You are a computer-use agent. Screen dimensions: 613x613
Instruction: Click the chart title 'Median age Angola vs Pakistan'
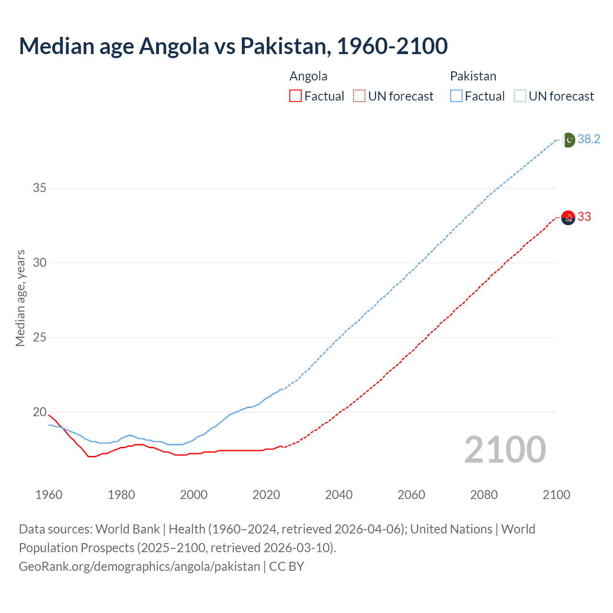pos(233,46)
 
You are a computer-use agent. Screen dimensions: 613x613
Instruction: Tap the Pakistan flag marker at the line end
pos(568,140)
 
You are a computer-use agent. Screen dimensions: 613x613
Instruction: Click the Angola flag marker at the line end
pos(568,218)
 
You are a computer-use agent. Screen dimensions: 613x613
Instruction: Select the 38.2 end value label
pos(589,139)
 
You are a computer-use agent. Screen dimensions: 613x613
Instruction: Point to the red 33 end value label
pos(584,217)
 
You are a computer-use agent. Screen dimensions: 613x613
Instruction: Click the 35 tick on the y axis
pos(39,188)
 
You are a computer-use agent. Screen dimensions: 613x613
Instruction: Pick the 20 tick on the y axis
pos(39,412)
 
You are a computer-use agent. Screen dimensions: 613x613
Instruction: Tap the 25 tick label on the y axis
pos(39,337)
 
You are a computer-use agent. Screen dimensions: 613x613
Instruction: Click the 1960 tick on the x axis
pos(49,495)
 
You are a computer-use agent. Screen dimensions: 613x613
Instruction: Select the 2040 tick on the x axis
pos(339,495)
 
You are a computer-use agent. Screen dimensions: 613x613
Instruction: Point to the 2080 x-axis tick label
pos(484,495)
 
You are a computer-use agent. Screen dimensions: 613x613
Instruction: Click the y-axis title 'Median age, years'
pos(20,298)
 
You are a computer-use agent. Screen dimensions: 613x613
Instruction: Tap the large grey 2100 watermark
pos(505,450)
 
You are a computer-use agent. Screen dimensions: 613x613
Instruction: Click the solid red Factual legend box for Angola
pos(295,96)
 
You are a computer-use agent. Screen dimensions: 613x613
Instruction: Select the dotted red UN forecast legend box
pos(359,96)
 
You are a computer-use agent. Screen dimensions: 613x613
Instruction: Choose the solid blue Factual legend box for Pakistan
pos(456,96)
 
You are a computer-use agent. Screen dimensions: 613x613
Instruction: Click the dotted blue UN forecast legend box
pos(520,96)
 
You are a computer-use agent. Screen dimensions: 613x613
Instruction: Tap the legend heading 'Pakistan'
pos(473,76)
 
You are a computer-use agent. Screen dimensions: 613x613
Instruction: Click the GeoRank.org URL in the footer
pos(139,567)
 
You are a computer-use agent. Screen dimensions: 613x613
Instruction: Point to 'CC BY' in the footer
pos(286,567)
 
